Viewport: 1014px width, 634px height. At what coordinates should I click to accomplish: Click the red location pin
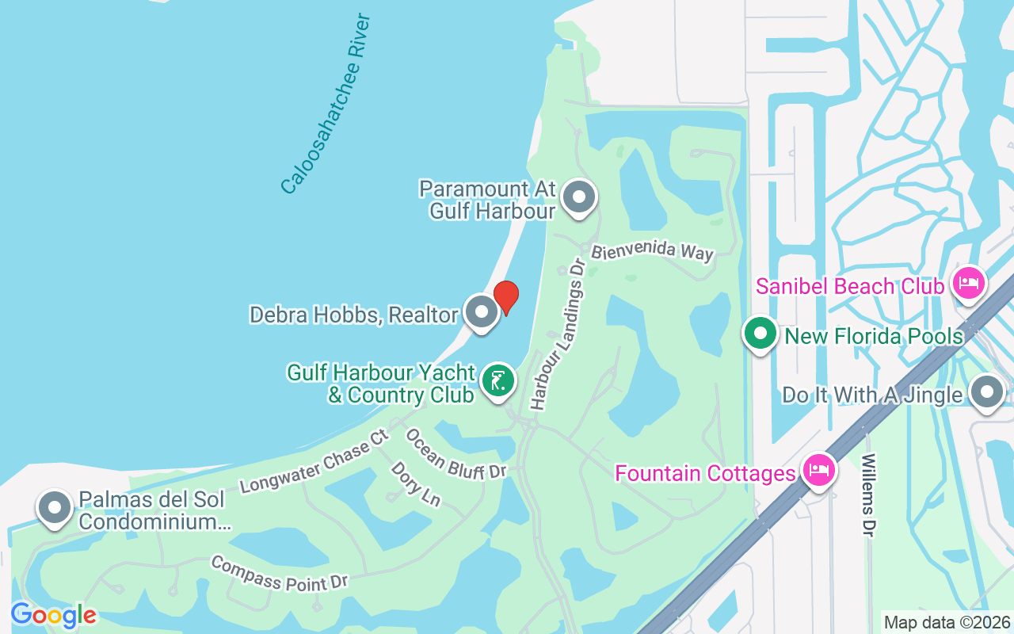click(506, 297)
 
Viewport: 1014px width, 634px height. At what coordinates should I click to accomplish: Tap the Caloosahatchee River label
click(326, 104)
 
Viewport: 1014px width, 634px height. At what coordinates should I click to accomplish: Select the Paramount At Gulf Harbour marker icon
click(579, 197)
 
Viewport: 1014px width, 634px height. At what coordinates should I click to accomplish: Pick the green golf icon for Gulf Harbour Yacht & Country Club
click(497, 382)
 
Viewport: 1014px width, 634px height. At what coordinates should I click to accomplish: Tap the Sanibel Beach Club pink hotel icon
click(968, 282)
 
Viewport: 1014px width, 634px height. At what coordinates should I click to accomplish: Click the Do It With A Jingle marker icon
click(987, 392)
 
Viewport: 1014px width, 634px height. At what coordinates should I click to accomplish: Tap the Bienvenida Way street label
click(653, 251)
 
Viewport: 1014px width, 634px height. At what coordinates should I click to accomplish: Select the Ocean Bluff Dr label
click(455, 454)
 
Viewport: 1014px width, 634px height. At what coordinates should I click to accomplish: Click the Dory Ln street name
click(415, 483)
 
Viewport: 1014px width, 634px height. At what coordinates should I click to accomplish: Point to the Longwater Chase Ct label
click(315, 461)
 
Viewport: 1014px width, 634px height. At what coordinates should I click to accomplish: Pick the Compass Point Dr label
click(279, 572)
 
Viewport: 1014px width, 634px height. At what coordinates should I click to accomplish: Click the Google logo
click(53, 614)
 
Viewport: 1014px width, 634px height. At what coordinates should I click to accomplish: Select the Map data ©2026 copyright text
click(947, 622)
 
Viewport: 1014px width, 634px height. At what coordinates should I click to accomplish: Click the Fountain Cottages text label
click(706, 474)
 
